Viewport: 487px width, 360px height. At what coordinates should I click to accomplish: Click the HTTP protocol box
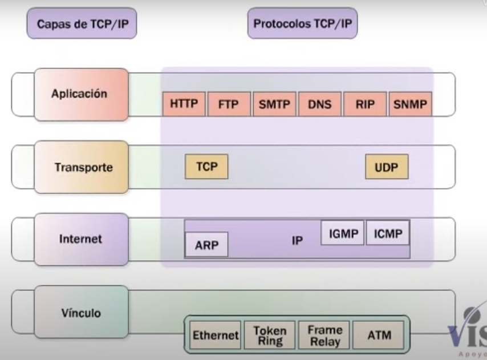tap(184, 105)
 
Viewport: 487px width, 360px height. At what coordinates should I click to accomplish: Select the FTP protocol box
tap(228, 105)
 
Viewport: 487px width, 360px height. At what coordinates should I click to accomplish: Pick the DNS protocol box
tap(319, 105)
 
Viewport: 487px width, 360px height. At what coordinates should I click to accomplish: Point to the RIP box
tap(364, 105)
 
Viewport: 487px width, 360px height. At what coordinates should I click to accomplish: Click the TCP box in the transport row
tap(206, 167)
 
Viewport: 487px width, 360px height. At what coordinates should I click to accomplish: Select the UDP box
tap(387, 168)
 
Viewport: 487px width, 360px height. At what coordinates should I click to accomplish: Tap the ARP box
tap(206, 245)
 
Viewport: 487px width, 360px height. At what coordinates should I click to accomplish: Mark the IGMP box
tap(343, 233)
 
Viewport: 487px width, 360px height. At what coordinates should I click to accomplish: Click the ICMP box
tap(388, 233)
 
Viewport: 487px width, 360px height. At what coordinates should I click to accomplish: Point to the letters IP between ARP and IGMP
tap(297, 241)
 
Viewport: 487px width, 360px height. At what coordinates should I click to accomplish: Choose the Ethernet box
tap(214, 335)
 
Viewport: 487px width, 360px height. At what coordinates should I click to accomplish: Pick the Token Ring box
tap(270, 335)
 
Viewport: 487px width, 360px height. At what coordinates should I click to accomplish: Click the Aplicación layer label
tap(79, 94)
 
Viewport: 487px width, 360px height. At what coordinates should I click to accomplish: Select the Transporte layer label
tap(84, 168)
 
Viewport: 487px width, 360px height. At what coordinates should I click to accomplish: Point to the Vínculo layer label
tap(81, 313)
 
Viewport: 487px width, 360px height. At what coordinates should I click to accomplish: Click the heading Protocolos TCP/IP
tap(302, 25)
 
